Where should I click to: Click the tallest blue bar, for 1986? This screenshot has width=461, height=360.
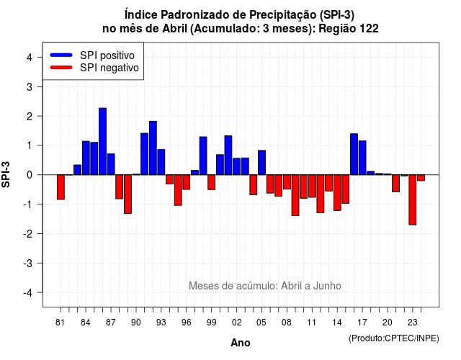coord(102,141)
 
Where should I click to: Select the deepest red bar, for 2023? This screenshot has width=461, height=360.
coord(413,200)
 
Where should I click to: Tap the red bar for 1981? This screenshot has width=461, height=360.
coord(61,187)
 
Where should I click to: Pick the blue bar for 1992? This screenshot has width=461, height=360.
coord(153,148)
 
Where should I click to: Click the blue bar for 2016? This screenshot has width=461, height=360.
coord(354,154)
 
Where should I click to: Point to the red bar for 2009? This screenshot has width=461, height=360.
coord(295,195)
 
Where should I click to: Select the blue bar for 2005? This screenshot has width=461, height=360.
coord(261,163)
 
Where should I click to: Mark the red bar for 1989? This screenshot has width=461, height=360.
coord(127,194)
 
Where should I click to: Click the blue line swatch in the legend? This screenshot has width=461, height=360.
coord(61,55)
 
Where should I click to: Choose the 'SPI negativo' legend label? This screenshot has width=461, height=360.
coord(109,68)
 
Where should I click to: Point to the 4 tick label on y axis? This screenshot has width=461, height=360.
coord(30,57)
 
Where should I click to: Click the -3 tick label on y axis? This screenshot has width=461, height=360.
coord(28,263)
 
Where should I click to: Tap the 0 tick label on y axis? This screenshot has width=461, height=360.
coord(30,175)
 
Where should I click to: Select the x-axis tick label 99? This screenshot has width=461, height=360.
coord(211,323)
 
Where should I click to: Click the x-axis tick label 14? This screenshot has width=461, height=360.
coord(337,323)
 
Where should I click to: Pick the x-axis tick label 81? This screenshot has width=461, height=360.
coord(61,323)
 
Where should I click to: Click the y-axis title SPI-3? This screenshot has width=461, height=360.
coord(6,174)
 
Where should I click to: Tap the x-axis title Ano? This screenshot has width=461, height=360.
coord(241,343)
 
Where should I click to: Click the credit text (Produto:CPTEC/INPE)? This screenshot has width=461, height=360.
coord(394,338)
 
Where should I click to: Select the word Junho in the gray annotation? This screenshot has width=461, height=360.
coord(327,286)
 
